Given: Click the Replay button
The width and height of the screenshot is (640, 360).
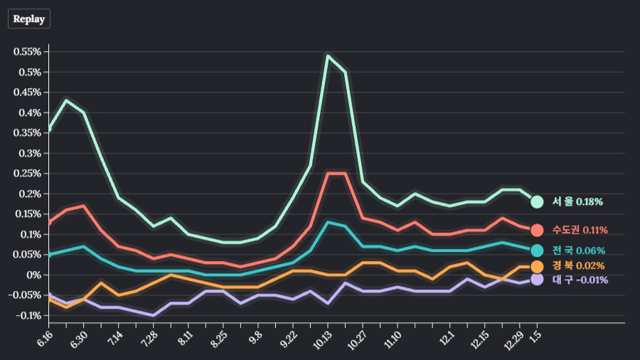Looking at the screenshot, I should [29, 19].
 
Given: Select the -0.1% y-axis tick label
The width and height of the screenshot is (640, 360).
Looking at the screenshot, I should [28, 315].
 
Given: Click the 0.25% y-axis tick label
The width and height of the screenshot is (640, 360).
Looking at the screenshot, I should [28, 174].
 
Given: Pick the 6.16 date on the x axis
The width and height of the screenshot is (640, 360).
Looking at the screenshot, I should [46, 336].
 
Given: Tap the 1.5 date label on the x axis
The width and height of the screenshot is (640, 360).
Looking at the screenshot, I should [535, 334].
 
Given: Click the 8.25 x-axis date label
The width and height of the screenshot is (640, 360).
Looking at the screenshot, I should [220, 336].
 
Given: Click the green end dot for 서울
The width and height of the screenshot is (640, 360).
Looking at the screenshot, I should [537, 202].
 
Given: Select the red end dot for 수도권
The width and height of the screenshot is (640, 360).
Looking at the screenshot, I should [537, 230].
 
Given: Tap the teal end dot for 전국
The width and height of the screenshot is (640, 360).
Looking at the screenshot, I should [537, 250].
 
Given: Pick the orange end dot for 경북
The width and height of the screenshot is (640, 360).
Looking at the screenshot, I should [537, 266].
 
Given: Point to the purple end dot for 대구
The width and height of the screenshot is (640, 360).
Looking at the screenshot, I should [537, 280].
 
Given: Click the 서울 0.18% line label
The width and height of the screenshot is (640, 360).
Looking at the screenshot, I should [577, 202].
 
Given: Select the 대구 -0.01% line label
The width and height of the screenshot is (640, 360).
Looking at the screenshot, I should [580, 280].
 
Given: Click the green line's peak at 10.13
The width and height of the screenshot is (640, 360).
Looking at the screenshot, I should [328, 55].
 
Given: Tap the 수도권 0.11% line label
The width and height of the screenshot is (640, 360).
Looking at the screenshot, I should [580, 230].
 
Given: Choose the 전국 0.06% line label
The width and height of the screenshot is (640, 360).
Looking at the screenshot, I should [578, 250].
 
